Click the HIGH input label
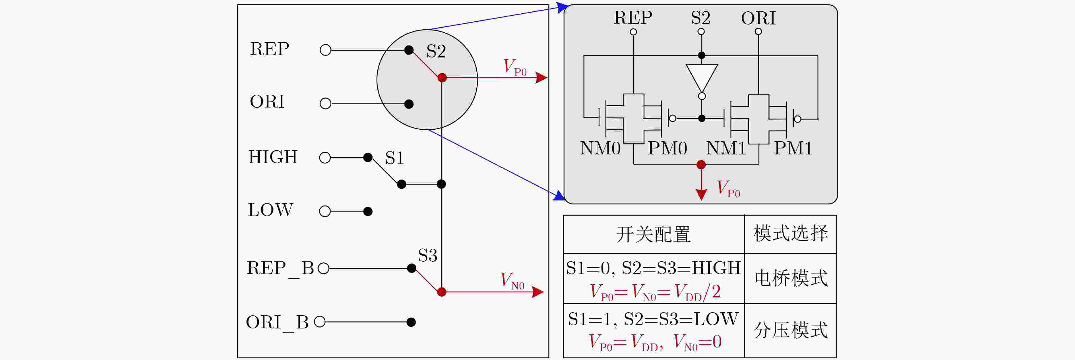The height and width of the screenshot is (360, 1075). (273, 157)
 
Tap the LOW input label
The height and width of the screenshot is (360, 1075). (270, 210)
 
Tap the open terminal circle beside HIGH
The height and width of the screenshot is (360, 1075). (325, 158)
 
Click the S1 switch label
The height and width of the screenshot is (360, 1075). (394, 158)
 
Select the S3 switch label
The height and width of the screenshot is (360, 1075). (428, 255)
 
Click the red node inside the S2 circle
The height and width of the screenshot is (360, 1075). (442, 78)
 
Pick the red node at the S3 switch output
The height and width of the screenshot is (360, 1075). (442, 292)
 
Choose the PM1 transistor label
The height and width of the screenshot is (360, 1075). (793, 148)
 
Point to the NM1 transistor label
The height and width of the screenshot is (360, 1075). (726, 148)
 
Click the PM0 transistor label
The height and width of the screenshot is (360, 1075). (667, 148)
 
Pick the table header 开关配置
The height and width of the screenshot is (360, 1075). (654, 234)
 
